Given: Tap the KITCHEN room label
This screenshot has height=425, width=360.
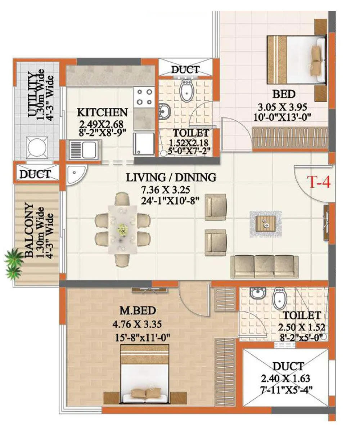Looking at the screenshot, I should coord(102,112).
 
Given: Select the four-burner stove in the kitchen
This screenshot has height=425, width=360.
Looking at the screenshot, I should coord(144,97).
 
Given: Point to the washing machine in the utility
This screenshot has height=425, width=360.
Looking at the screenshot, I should coord(37,148).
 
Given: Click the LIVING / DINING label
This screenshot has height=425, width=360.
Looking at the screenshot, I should coord(171,177).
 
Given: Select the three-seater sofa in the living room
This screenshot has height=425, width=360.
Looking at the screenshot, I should coord(265,267).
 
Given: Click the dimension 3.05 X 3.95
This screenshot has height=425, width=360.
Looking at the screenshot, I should coord(284,107).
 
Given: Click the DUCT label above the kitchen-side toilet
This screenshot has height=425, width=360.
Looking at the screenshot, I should coord(185,70).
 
